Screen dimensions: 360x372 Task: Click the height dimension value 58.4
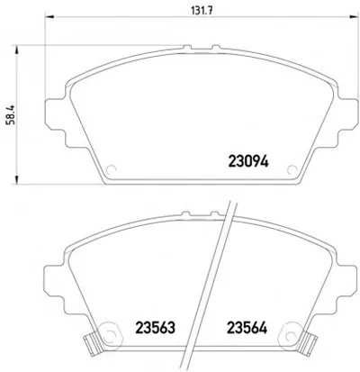click(13, 114)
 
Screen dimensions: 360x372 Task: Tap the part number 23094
click(248, 162)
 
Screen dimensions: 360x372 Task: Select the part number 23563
click(155, 328)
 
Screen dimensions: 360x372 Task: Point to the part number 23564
click(247, 328)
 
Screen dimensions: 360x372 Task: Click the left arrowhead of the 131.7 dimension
click(49, 17)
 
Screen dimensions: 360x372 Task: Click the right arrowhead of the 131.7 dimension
click(354, 17)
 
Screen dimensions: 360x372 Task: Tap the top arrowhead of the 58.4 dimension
click(16, 50)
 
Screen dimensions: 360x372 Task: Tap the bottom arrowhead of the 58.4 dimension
click(16, 179)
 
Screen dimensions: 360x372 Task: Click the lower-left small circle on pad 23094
click(112, 169)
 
